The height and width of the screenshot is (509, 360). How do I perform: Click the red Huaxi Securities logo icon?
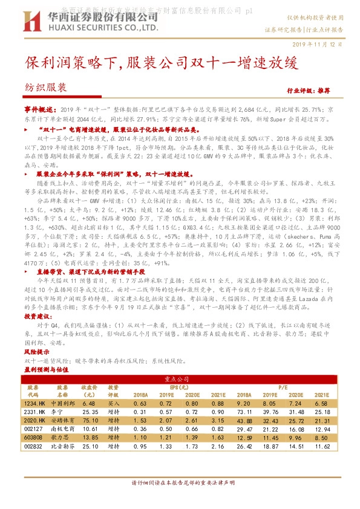pos(26,24)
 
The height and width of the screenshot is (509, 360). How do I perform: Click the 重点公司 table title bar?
pos(180,378)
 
